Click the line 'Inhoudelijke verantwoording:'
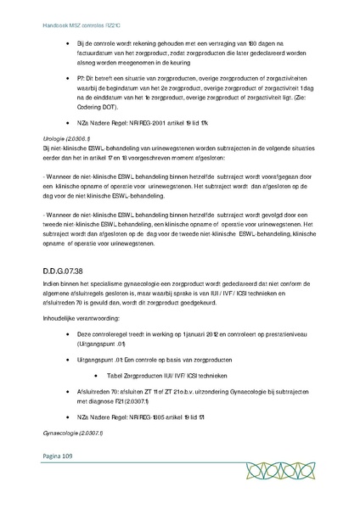[82, 320]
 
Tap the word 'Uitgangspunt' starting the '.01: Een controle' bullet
[95, 360]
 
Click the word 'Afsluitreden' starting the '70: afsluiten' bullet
[93, 390]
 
